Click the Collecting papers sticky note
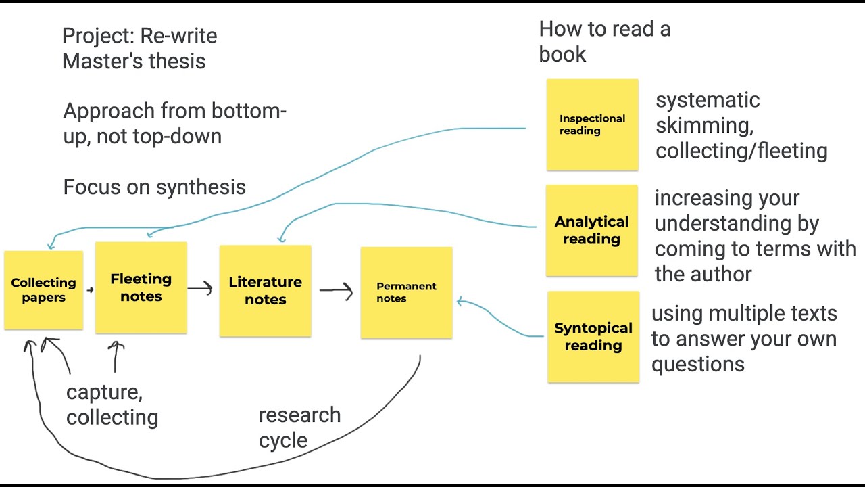43,290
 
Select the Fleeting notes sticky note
141,287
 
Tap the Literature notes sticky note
265,291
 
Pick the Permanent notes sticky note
406,292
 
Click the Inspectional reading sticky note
592,124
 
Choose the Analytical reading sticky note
591,230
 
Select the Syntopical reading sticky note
593,336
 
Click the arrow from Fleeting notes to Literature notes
201,289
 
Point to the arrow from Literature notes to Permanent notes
337,291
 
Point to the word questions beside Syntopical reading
697,365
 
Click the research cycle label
299,427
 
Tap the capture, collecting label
112,405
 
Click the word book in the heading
562,55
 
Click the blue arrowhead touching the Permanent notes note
460,302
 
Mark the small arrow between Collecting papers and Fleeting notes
90,290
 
